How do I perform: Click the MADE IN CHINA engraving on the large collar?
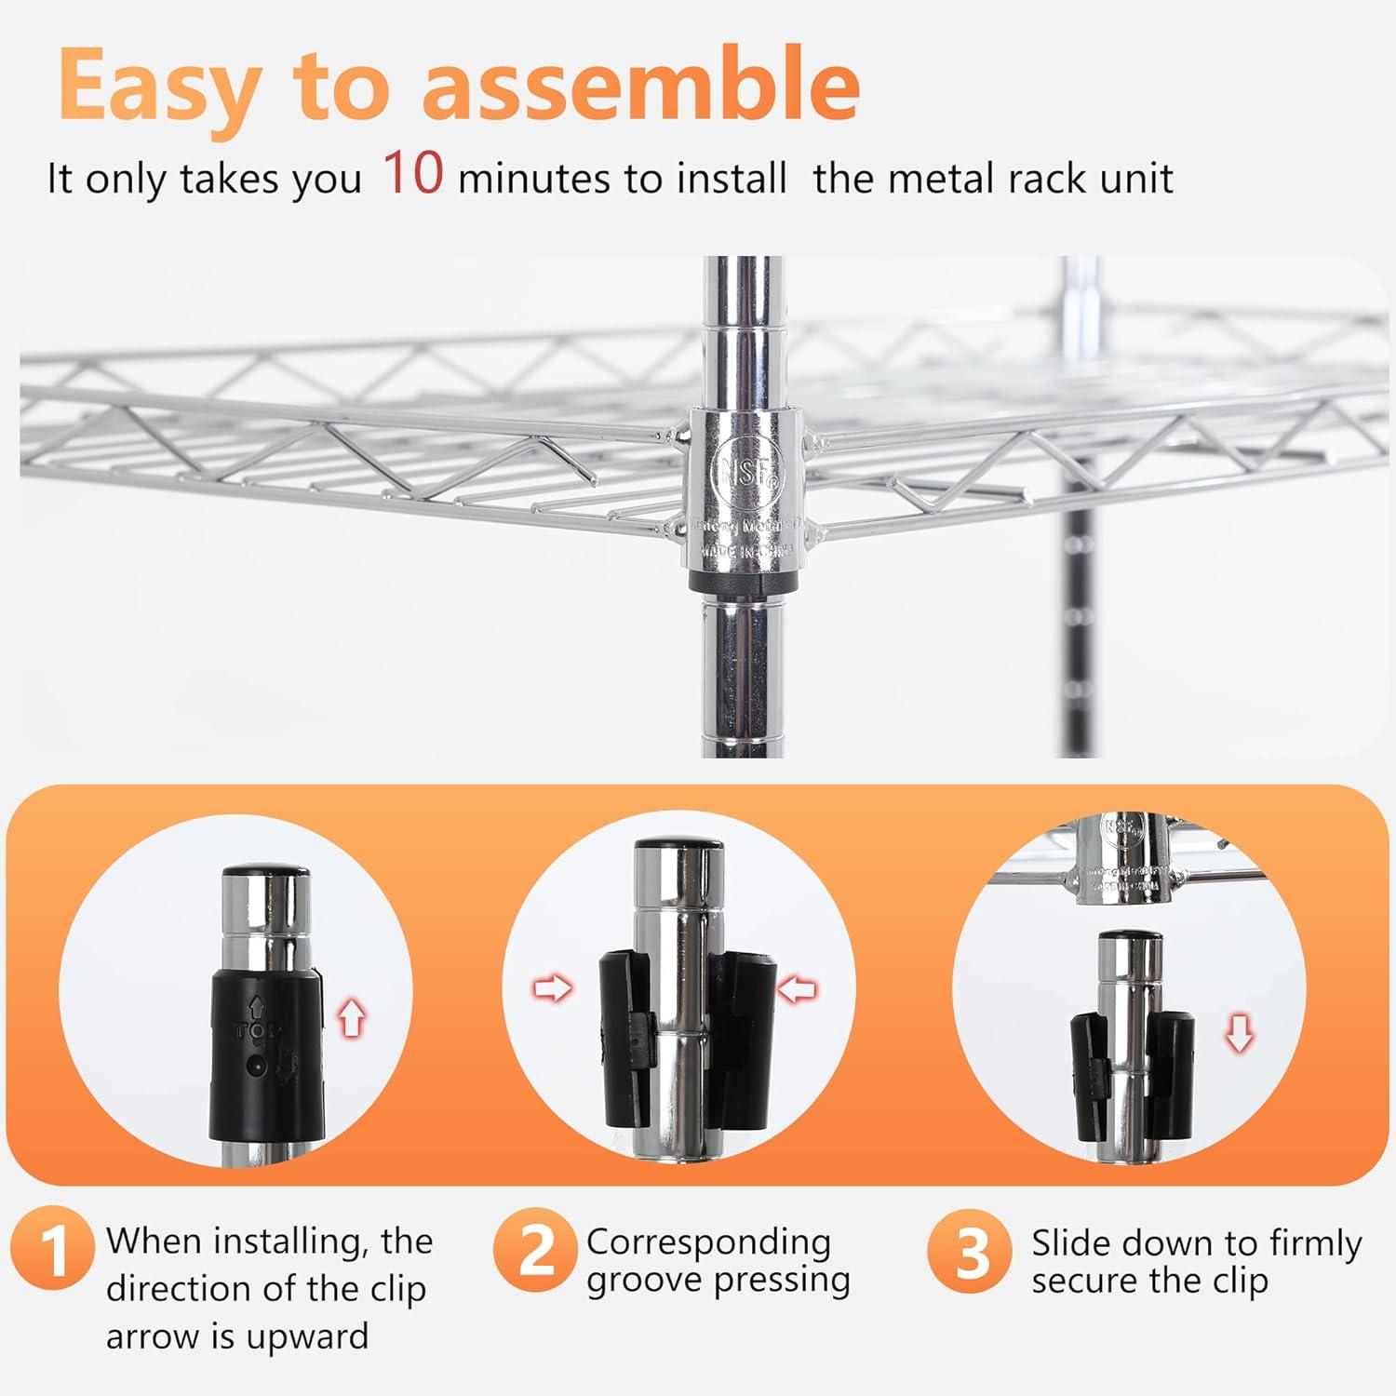745,551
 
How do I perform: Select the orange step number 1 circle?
53,1249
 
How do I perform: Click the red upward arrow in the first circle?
351,1018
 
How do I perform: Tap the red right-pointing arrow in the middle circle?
553,988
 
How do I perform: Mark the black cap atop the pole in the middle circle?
678,846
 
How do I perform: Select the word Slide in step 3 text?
1077,1243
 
